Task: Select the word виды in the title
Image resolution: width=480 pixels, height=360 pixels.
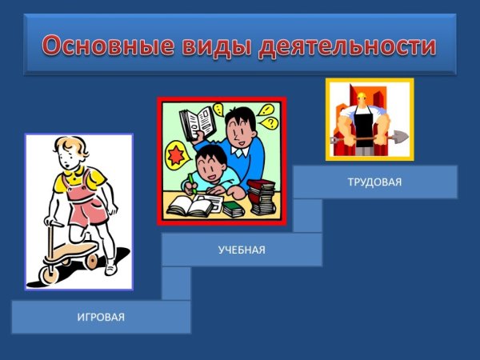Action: pyautogui.click(x=211, y=45)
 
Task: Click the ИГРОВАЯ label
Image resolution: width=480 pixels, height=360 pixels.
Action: pyautogui.click(x=101, y=318)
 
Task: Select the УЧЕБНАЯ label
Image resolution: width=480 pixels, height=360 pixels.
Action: pyautogui.click(x=242, y=250)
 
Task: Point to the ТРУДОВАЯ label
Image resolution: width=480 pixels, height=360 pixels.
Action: pyautogui.click(x=374, y=182)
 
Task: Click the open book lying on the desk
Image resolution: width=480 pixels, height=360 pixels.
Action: pyautogui.click(x=190, y=207)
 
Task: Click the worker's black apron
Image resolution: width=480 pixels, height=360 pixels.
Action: pyautogui.click(x=367, y=132)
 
